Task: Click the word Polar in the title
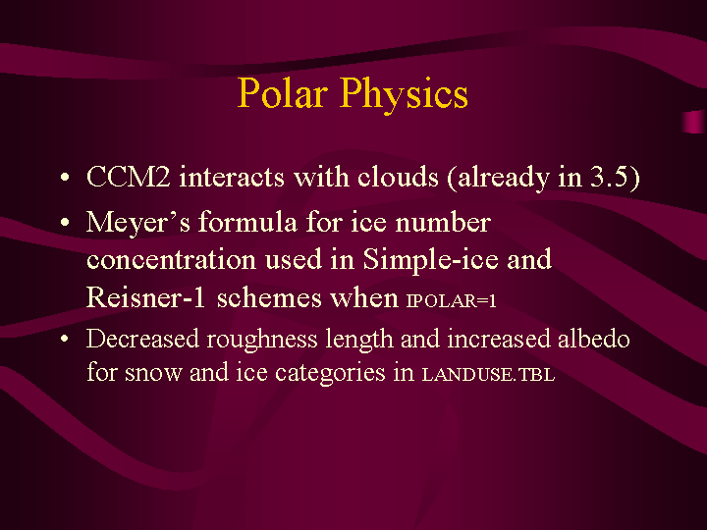(x=283, y=93)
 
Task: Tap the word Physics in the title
(x=404, y=94)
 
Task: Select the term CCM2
(x=129, y=177)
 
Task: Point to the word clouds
(x=398, y=177)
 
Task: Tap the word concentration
(x=171, y=260)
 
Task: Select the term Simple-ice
(x=431, y=260)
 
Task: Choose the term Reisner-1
(x=145, y=298)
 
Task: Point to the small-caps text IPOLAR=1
(x=452, y=300)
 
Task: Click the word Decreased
(x=142, y=339)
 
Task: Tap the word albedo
(x=593, y=339)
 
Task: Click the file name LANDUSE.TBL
(x=488, y=375)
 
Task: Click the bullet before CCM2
(x=65, y=177)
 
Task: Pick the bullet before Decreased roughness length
(x=65, y=339)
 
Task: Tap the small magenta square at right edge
(x=694, y=122)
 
